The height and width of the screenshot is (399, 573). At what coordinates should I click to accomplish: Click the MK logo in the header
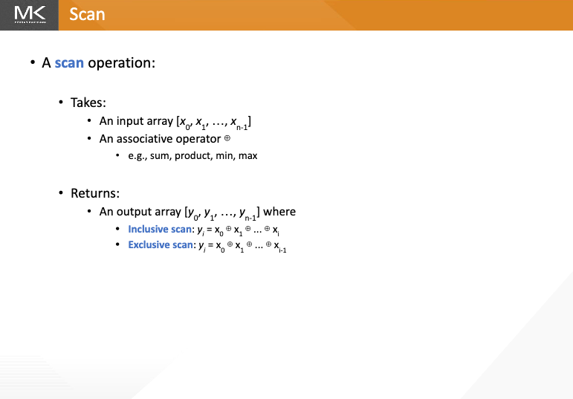pos(30,15)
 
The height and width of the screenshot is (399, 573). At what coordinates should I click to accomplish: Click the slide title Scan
pos(87,15)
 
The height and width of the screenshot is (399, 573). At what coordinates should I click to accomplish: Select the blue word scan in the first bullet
pos(69,63)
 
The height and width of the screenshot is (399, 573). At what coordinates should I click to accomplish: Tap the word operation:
pos(122,63)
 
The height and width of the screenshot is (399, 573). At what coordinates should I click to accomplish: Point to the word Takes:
pos(88,103)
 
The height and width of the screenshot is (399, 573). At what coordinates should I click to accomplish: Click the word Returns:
pos(95,193)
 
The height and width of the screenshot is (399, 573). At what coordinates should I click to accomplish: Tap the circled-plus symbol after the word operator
pos(227,138)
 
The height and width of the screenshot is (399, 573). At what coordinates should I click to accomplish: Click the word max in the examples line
pos(247,156)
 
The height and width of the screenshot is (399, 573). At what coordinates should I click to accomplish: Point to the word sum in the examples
pos(159,156)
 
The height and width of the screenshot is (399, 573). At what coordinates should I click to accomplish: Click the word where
pos(279,212)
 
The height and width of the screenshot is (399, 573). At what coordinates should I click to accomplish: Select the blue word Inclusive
pos(145,229)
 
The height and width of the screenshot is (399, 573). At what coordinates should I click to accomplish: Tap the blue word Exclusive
pos(146,244)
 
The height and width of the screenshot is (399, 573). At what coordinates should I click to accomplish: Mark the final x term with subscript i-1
pos(280,247)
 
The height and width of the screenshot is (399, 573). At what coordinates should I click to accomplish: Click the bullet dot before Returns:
pos(61,192)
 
